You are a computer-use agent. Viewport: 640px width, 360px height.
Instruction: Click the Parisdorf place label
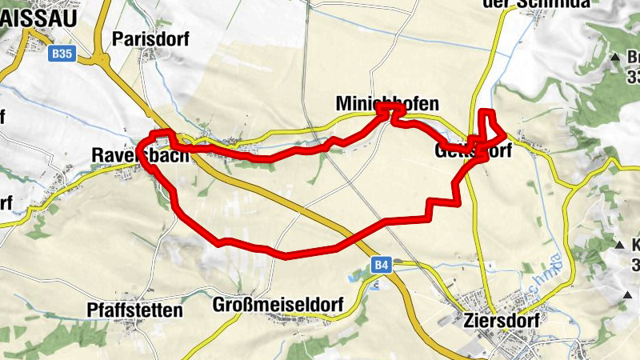151,40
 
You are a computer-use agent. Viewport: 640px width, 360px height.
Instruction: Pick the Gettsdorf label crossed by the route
474,150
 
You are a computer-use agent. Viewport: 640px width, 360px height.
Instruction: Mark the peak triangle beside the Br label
615,58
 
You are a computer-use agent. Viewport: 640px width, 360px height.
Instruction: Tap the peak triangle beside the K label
619,245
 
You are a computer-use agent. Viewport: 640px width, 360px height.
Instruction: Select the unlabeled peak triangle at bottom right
625,295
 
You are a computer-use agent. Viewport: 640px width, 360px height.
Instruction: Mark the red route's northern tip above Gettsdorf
485,112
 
